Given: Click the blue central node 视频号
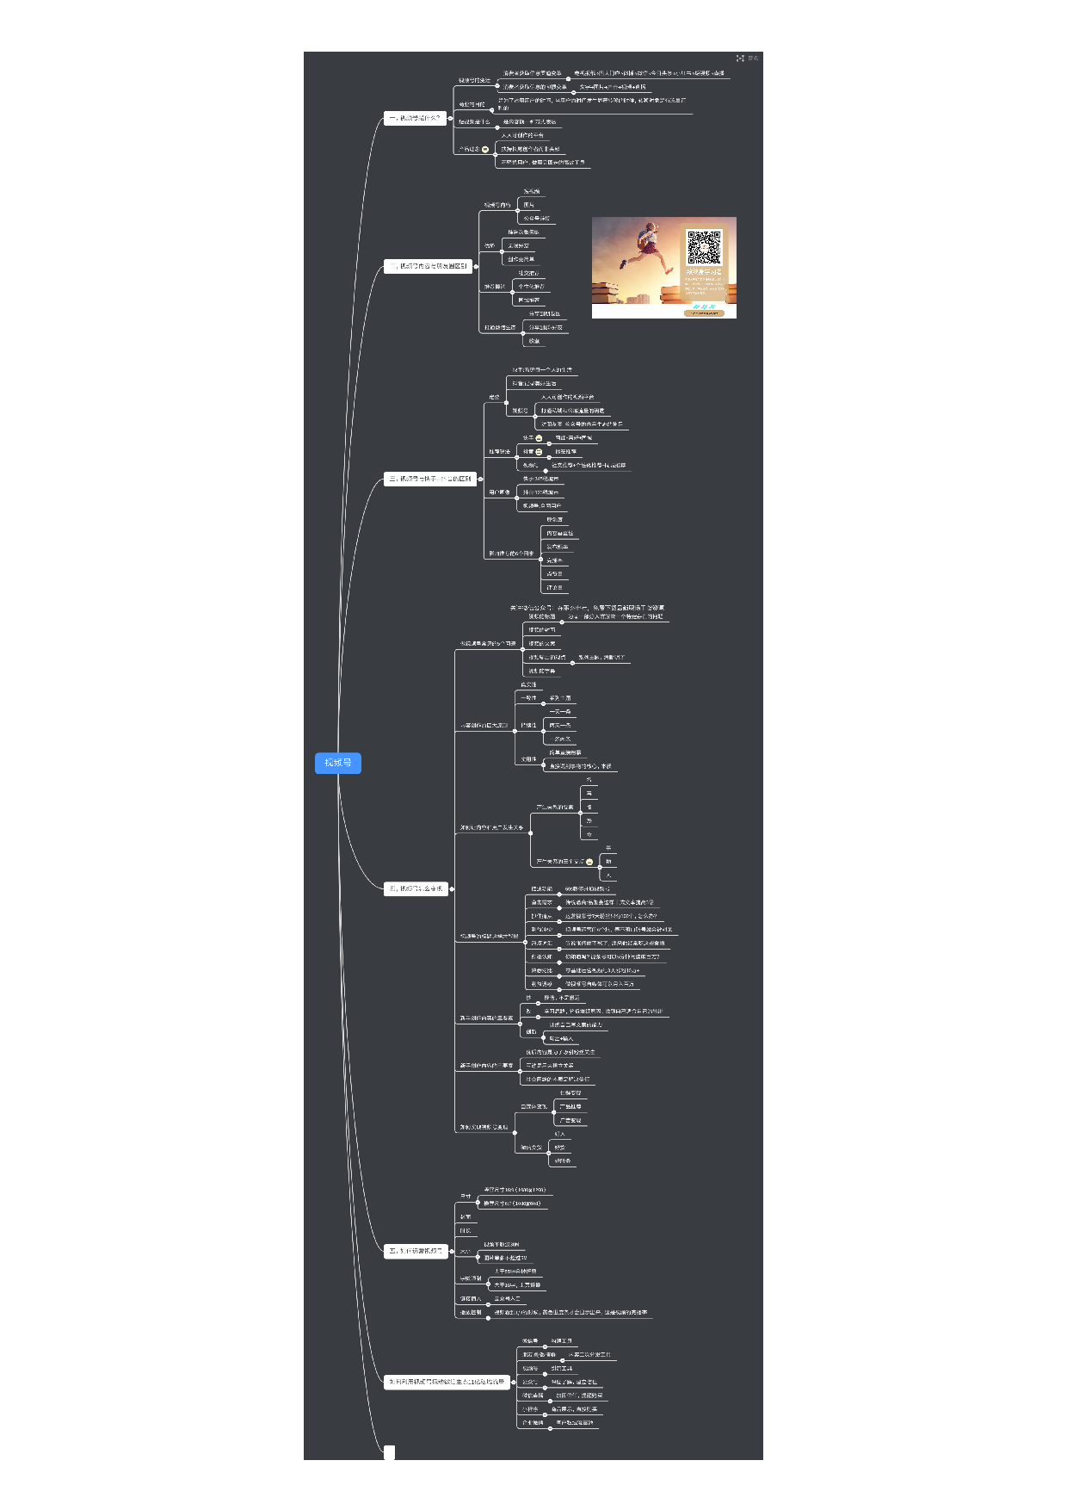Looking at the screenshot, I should (x=337, y=763).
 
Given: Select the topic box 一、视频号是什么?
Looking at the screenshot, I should (x=415, y=118).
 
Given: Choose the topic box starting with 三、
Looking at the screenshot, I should (x=430, y=479).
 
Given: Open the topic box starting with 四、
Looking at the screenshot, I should (x=416, y=888).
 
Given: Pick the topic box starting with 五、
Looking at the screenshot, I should (x=416, y=1251).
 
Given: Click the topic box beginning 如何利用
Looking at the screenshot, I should (x=447, y=1382).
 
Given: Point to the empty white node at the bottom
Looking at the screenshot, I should (x=389, y=1452).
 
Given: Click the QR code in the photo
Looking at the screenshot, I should (x=703, y=247).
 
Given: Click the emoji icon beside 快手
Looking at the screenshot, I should (x=539, y=438).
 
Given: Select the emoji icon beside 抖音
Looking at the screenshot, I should (x=539, y=452).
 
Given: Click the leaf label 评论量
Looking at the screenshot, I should (x=554, y=588).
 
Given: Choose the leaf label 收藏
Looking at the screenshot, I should (x=533, y=341).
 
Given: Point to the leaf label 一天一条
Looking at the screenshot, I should (x=560, y=712).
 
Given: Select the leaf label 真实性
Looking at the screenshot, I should (x=528, y=685).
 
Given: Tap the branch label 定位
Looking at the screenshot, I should (x=494, y=398).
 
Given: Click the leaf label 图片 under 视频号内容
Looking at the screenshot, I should (x=528, y=205).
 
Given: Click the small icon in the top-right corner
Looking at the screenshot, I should (x=740, y=59).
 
